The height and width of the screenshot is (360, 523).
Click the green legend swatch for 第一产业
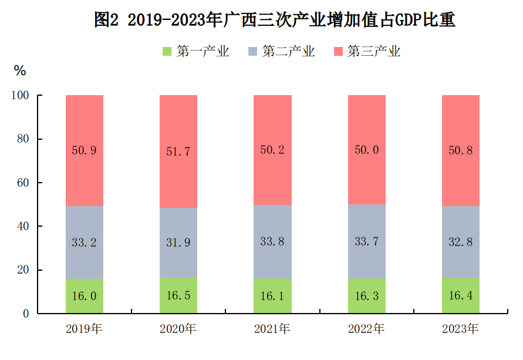pyautogui.click(x=167, y=52)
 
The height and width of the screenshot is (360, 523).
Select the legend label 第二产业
pyautogui.click(x=288, y=52)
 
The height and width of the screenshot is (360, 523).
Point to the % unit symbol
pyautogui.click(x=20, y=71)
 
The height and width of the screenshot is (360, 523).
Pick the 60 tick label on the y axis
pyautogui.click(x=23, y=183)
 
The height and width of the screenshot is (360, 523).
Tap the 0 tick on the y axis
pyautogui.click(x=26, y=314)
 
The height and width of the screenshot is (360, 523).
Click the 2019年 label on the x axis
pyautogui.click(x=84, y=329)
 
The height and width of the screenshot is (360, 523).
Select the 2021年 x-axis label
pyautogui.click(x=272, y=329)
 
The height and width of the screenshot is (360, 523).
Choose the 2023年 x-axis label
pyautogui.click(x=460, y=329)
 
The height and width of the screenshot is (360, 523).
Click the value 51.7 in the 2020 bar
pyautogui.click(x=178, y=152)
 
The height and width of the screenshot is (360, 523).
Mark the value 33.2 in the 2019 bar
pyautogui.click(x=84, y=243)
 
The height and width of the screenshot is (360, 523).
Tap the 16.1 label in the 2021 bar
pyautogui.click(x=272, y=296)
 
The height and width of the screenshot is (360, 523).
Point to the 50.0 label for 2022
pyautogui.click(x=366, y=150)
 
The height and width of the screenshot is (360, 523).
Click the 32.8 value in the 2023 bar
pyautogui.click(x=460, y=242)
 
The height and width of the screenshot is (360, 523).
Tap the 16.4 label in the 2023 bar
pyautogui.click(x=460, y=296)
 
